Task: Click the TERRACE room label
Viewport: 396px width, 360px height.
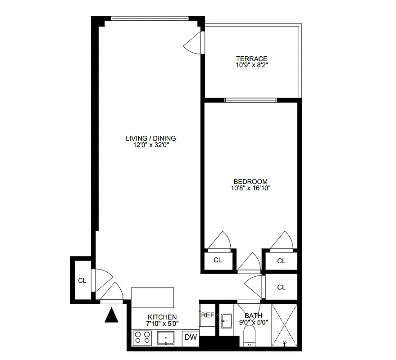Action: click(251, 58)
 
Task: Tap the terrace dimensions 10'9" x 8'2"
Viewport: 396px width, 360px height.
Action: click(251, 65)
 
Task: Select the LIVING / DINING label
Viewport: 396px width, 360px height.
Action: click(151, 138)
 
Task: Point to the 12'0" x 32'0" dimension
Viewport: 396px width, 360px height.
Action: click(151, 145)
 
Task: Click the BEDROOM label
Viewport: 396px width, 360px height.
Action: click(250, 181)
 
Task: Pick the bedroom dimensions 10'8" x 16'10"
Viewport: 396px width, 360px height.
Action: click(250, 188)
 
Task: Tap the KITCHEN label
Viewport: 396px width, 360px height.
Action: click(162, 317)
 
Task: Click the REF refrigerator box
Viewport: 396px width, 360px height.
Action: click(207, 315)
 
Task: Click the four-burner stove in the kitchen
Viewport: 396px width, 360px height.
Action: click(142, 337)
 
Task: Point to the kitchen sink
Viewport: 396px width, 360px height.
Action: click(166, 337)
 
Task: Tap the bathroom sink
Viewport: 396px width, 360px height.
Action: click(226, 321)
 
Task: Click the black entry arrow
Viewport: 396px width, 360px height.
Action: click(111, 315)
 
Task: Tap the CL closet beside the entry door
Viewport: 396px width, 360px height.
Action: click(82, 280)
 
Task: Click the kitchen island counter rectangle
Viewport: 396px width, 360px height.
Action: click(152, 297)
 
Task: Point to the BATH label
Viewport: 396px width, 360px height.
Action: click(253, 315)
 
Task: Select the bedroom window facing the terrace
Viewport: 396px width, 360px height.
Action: click(250, 100)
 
